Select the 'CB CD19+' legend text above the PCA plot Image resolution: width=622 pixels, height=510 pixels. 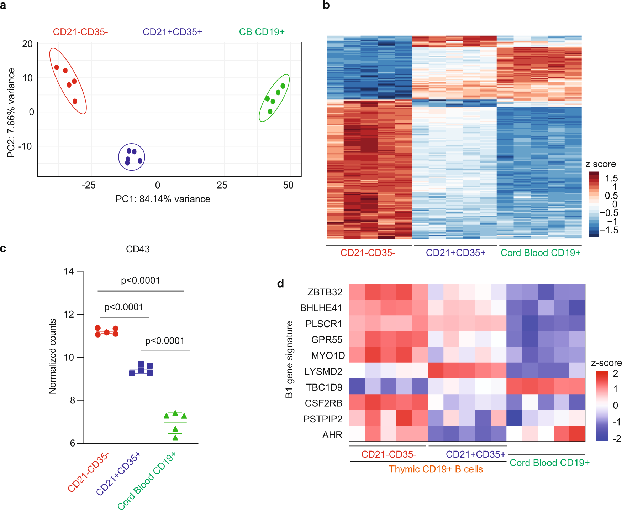[x=262, y=32]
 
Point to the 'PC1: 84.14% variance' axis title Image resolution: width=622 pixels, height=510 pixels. [x=163, y=199]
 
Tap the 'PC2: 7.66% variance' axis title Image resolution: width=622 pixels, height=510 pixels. [x=11, y=113]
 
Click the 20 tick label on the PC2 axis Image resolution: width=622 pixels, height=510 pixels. [x=27, y=44]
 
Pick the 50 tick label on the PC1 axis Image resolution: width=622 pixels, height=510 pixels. [x=288, y=185]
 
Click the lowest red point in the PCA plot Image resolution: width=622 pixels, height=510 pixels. [x=75, y=102]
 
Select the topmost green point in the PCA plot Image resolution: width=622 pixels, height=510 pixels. [x=283, y=86]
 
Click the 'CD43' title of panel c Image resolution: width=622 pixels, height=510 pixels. [x=138, y=249]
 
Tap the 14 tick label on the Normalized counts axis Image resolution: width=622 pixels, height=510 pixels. [x=69, y=272]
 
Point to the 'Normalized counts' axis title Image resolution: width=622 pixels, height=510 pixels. [x=53, y=356]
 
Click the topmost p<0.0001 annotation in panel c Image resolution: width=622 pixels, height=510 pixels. [x=141, y=281]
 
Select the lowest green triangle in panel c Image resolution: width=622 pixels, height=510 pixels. [x=175, y=438]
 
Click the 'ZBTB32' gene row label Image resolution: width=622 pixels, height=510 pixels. [x=325, y=292]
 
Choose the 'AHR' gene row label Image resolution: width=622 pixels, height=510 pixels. [x=332, y=435]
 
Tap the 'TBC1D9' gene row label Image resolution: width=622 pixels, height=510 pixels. [x=324, y=387]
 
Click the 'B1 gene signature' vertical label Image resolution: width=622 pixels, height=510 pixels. [x=289, y=359]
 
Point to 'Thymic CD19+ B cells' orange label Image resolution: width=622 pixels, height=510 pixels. [x=436, y=469]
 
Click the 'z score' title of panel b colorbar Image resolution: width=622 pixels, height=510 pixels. [x=600, y=164]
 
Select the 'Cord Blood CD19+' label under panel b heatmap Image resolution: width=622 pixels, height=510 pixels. [x=540, y=253]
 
